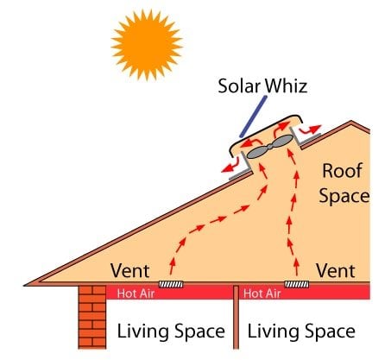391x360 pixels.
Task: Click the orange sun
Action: [x=147, y=45]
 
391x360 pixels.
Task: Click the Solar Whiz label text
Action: [x=262, y=85]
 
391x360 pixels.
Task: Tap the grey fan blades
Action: [x=270, y=147]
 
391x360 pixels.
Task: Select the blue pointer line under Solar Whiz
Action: [x=253, y=117]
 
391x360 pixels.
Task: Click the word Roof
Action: [x=342, y=171]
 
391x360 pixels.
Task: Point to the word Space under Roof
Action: [x=344, y=196]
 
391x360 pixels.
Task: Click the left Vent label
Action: [x=130, y=270]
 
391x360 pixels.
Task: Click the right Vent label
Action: [x=336, y=270]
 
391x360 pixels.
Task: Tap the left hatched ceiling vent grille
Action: [x=171, y=284]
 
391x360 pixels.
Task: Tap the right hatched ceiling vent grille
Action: [x=297, y=284]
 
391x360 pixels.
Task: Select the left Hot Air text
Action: [x=136, y=294]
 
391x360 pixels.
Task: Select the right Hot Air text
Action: [x=262, y=294]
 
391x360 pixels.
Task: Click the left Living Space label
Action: [x=171, y=331]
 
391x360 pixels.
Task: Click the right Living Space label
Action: [x=301, y=331]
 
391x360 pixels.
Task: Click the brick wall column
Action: [x=92, y=317]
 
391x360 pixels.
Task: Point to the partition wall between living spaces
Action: [x=236, y=317]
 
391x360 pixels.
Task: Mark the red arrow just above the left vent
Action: [x=172, y=266]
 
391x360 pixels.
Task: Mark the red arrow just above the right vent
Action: [x=297, y=267]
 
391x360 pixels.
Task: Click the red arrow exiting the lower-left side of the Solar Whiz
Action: [x=230, y=167]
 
